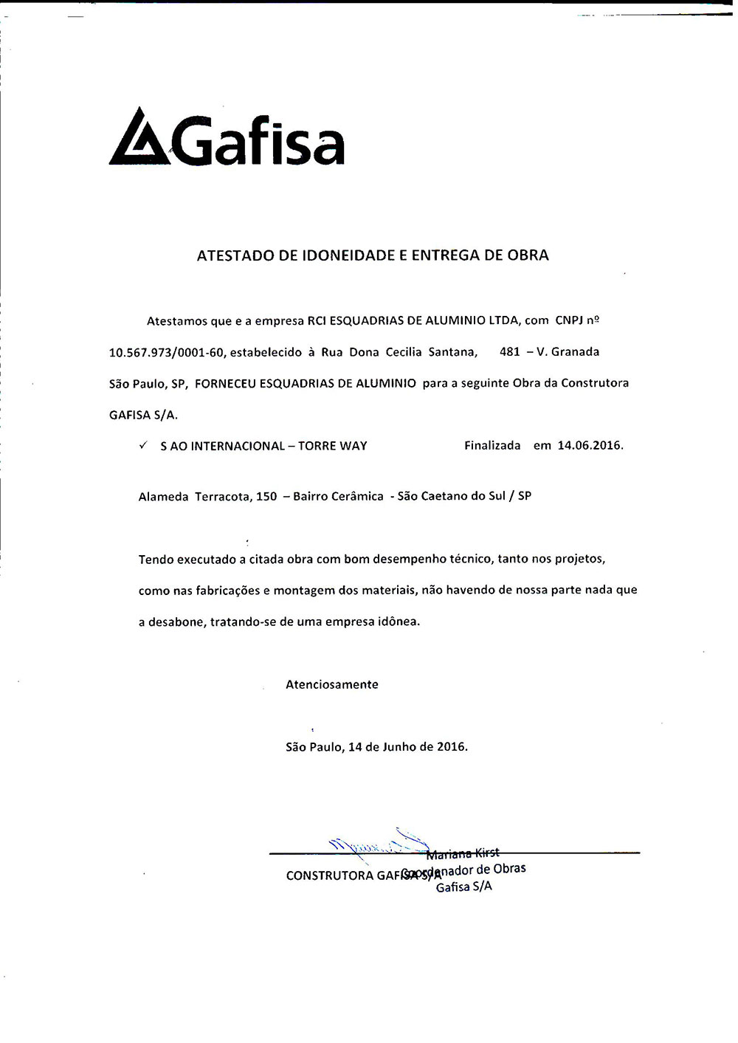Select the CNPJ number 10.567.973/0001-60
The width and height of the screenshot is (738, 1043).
(x=166, y=353)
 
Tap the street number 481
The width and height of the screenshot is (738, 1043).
(x=510, y=352)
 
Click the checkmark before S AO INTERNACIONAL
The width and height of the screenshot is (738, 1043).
(x=143, y=446)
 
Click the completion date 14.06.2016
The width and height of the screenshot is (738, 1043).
(x=590, y=446)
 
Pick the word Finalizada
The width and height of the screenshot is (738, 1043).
(x=492, y=446)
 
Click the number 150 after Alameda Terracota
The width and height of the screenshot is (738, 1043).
(x=266, y=497)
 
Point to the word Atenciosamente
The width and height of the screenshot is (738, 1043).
(x=331, y=685)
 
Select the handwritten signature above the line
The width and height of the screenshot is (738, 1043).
(x=376, y=844)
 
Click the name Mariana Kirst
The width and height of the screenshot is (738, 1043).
(x=463, y=854)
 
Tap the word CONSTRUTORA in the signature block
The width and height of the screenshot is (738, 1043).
(x=329, y=876)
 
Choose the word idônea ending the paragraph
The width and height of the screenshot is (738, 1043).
(x=399, y=622)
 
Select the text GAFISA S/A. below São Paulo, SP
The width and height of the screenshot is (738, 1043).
(x=143, y=415)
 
